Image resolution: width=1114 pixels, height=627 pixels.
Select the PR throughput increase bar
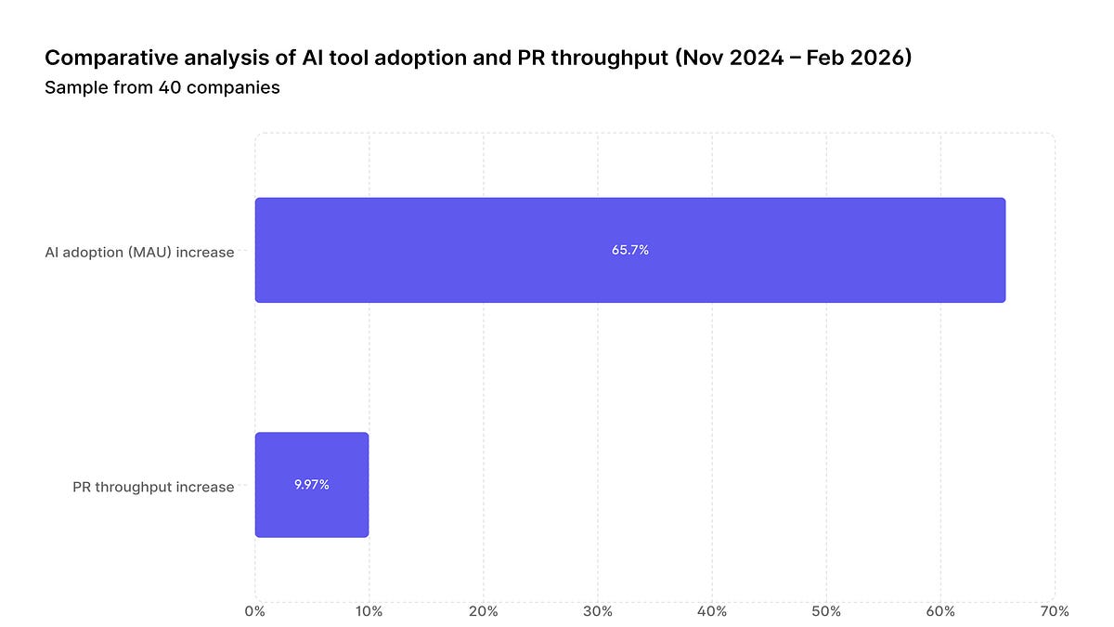point(312,485)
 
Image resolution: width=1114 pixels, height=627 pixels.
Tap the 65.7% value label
point(629,250)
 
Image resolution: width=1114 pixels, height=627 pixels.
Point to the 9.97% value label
point(312,485)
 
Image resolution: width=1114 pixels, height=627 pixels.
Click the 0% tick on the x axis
point(254,611)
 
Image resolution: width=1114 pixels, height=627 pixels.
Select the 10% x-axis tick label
point(369,611)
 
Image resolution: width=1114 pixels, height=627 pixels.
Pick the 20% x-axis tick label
point(483,611)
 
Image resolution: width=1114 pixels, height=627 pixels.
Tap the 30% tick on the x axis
point(597,611)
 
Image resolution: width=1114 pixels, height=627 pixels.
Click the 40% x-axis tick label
point(712,611)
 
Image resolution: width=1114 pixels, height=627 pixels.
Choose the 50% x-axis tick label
point(826,611)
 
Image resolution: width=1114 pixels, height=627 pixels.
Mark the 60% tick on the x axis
point(940,611)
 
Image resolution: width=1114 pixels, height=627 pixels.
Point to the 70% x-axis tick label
point(1055,611)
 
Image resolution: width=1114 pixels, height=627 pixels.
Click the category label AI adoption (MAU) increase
point(139,252)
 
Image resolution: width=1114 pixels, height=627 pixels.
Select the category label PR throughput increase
point(153,487)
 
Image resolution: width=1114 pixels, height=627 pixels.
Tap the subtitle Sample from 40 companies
point(162,87)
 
